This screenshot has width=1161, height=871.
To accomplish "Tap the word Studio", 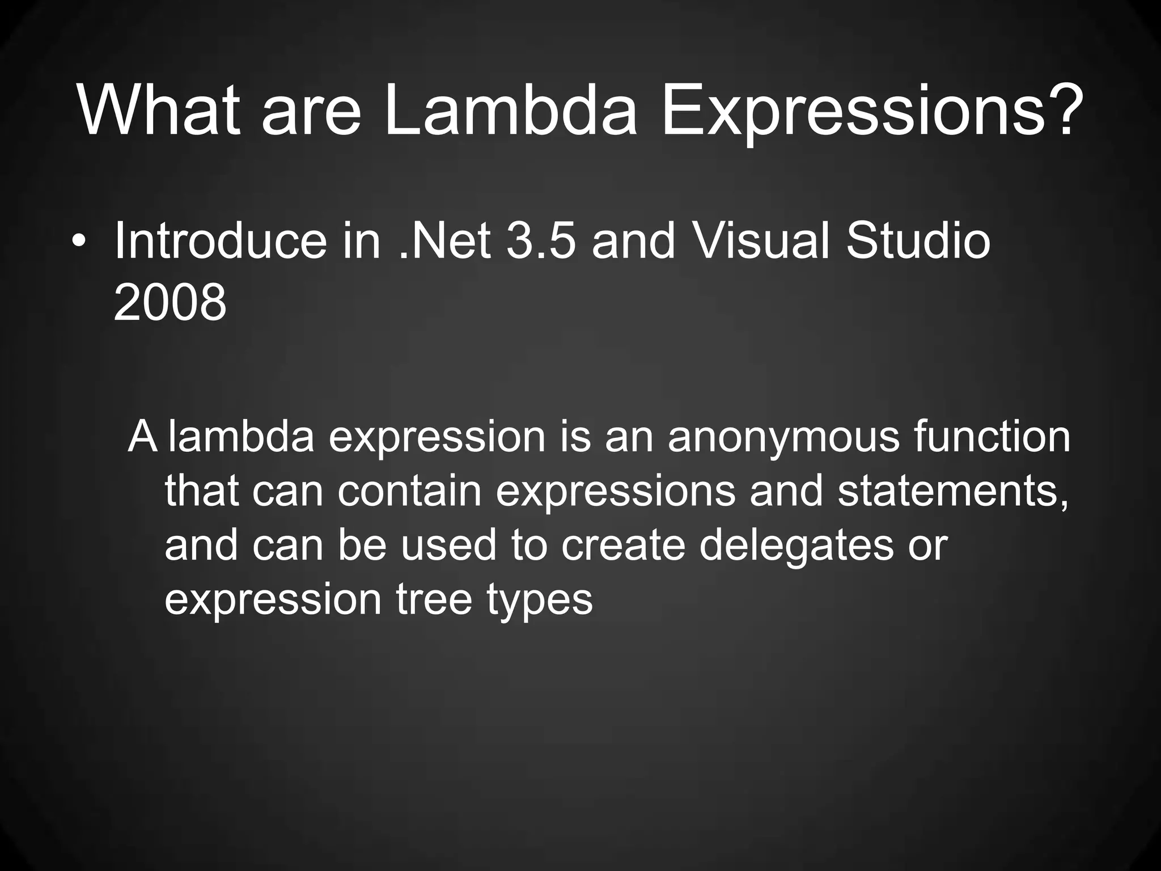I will click(x=918, y=242).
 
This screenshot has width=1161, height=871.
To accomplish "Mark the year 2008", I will click(x=170, y=304).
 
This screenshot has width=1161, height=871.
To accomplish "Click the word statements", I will click(x=953, y=491).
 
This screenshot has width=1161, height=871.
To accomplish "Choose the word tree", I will click(x=434, y=600).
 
